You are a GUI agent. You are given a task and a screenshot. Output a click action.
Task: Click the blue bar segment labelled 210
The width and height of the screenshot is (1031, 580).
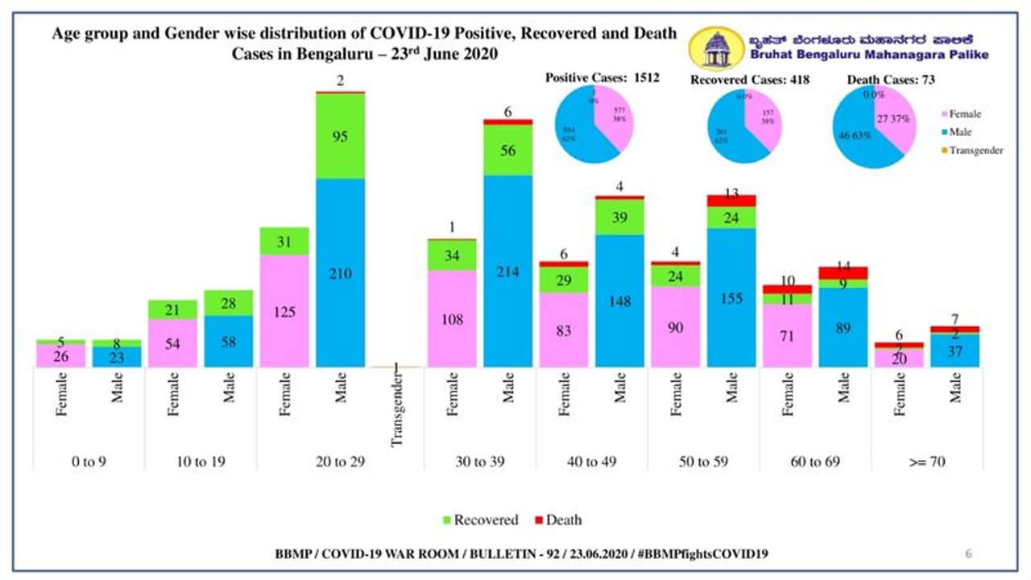340,272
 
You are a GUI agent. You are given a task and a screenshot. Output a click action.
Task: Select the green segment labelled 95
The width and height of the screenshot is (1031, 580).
340,136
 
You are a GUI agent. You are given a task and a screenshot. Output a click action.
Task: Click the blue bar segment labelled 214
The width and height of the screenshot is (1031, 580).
508,271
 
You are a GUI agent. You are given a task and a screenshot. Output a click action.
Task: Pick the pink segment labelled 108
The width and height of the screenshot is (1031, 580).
452,318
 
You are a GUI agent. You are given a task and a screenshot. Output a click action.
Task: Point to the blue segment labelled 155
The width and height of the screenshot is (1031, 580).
732,297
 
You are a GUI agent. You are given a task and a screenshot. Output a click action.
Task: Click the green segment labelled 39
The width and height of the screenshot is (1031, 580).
620,217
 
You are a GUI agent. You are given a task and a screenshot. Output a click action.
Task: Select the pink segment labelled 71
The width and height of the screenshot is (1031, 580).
788,335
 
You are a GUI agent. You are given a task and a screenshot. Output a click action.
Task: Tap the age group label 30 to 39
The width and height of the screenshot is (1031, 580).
480,462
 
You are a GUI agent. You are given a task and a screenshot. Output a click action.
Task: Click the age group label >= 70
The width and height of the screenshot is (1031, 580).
927,462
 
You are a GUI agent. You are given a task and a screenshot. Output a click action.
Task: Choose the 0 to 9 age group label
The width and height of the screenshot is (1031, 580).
88,462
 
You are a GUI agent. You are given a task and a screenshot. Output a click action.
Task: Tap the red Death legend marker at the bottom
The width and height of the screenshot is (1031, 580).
539,520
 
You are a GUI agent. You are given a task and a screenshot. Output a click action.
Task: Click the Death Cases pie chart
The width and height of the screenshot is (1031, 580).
872,127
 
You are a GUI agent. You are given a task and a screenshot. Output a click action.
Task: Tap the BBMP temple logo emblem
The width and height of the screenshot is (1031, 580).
715,49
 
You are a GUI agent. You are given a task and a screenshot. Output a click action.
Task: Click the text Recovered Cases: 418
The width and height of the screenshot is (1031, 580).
749,80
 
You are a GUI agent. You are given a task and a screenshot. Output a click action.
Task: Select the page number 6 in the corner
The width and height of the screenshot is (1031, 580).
968,553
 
